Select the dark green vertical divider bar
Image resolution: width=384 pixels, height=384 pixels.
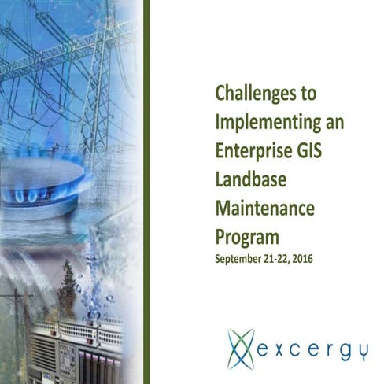click(146, 192)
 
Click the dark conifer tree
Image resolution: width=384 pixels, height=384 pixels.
click(68, 288)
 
